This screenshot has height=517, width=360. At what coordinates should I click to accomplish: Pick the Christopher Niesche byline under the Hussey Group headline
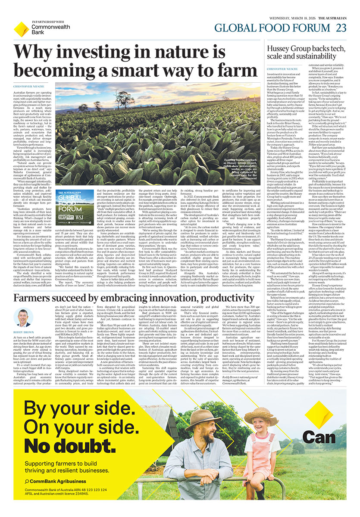coord(282,69)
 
